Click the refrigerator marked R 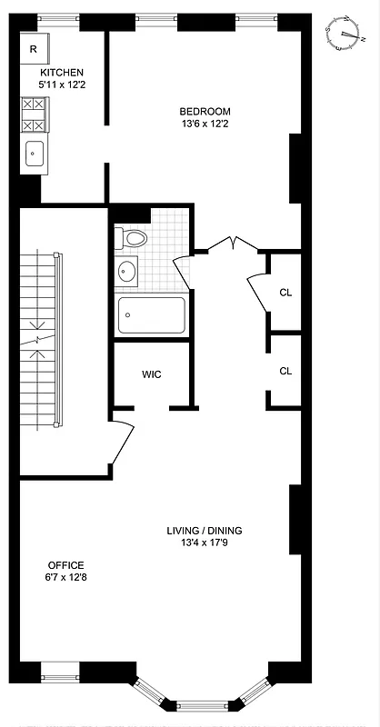(x=34, y=50)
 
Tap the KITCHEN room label (x=62, y=73)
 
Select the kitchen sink (x=35, y=154)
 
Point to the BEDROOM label (x=205, y=112)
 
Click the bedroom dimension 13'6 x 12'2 (x=205, y=124)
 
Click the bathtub (x=152, y=315)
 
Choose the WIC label (x=151, y=373)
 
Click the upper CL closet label (x=285, y=293)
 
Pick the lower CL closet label (x=285, y=371)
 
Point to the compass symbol (x=345, y=33)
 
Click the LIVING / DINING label (x=204, y=531)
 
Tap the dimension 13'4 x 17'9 (x=204, y=544)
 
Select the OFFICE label (x=65, y=563)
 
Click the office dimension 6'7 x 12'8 (x=65, y=577)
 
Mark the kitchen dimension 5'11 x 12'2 (x=62, y=85)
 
